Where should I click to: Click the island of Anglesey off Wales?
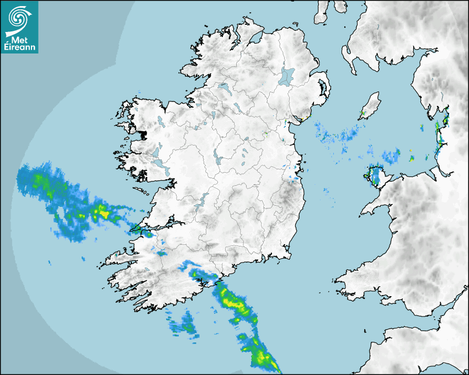tap(376, 175)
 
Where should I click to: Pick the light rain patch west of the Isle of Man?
tap(339, 135)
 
